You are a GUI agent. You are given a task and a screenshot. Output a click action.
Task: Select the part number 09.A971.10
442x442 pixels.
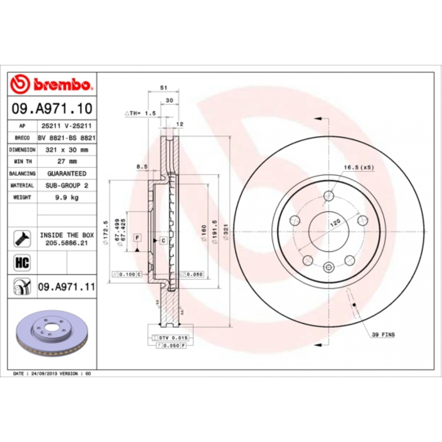(x=52, y=108)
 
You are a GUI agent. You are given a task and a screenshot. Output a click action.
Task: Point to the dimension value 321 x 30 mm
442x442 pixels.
(x=66, y=150)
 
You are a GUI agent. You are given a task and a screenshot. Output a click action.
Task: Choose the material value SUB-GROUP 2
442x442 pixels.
(x=66, y=185)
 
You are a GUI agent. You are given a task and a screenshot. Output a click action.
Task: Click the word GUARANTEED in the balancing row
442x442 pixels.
(x=66, y=174)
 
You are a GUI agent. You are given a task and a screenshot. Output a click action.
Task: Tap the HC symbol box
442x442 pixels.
(x=20, y=262)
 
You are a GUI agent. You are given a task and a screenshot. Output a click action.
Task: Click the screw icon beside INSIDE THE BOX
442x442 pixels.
(x=20, y=239)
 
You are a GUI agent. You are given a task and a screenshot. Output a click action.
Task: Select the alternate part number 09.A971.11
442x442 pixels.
(x=66, y=286)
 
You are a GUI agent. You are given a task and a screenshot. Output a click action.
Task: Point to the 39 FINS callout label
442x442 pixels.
(x=383, y=335)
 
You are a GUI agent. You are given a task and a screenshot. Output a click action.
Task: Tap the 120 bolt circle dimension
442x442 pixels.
(x=335, y=223)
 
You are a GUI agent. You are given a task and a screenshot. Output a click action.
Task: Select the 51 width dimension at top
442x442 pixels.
(x=163, y=88)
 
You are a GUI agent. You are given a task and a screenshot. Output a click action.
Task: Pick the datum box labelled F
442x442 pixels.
(x=137, y=238)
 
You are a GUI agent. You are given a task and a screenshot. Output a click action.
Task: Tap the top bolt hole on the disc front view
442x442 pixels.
(x=329, y=196)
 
